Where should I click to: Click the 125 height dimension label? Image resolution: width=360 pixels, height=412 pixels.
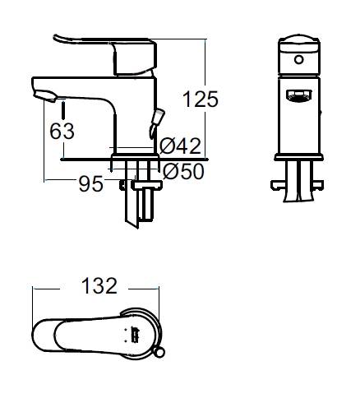click(x=201, y=99)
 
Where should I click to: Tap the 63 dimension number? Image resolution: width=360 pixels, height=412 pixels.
click(x=62, y=131)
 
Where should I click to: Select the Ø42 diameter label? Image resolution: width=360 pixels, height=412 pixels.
click(x=180, y=146)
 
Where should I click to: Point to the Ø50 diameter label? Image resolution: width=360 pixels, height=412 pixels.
click(x=183, y=171)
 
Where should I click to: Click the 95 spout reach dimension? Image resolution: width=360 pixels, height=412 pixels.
click(x=91, y=183)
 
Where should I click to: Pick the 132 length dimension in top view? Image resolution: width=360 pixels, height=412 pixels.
click(x=99, y=286)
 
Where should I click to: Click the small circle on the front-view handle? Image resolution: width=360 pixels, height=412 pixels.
click(x=299, y=59)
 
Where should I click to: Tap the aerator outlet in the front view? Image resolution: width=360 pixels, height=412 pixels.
click(x=299, y=95)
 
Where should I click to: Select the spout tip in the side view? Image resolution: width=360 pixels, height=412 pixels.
click(x=45, y=96)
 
